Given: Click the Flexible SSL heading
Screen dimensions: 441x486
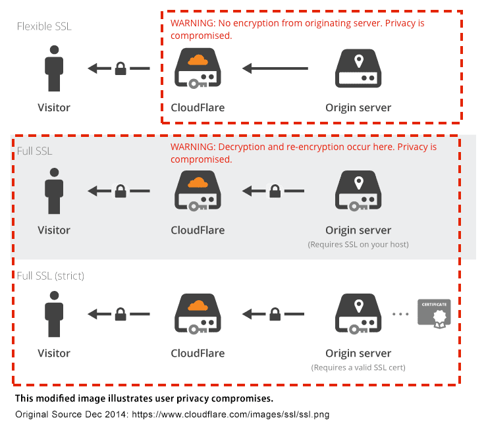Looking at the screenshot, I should point(43,26).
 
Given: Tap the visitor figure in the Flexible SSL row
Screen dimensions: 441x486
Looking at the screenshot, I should point(54,68).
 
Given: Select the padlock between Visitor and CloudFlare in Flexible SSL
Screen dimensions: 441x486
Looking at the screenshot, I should point(121,68).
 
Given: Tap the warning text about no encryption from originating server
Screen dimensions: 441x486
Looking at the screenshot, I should point(298,29).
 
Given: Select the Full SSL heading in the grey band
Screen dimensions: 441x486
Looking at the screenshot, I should point(34,151).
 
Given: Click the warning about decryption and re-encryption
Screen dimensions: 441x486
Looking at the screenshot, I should point(304,153).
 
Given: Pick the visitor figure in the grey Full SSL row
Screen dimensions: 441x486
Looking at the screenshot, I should point(54,191).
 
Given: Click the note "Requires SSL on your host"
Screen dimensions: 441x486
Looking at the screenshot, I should point(358,244).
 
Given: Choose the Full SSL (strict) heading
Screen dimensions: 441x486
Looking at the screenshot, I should point(51,276).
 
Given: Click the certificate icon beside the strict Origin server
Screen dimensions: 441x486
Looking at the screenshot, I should point(433,313).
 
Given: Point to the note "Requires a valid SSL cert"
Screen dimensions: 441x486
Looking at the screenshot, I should point(358,367).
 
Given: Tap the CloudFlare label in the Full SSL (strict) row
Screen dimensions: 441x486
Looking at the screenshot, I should point(198,353).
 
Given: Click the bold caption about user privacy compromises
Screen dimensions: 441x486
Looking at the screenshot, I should point(144,399).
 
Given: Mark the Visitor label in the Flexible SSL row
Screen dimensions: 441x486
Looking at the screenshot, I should point(54,107).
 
